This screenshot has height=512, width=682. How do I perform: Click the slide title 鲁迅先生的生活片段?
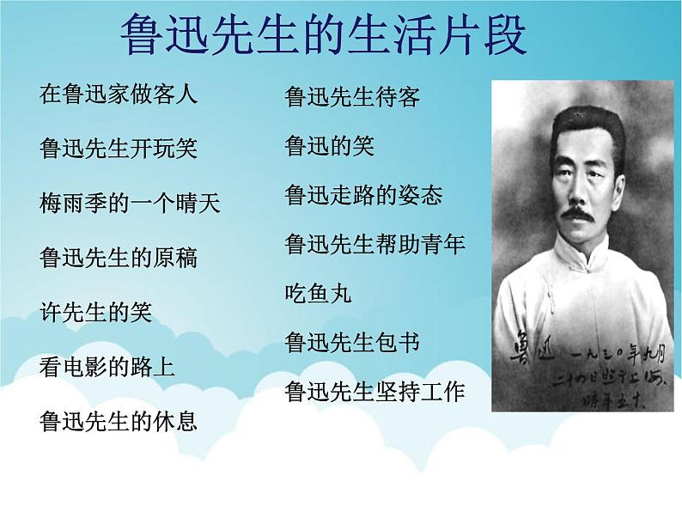coord(323,36)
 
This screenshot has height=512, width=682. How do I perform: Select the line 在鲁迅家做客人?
coord(119,94)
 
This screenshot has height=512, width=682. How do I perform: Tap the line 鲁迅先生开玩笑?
coord(119,149)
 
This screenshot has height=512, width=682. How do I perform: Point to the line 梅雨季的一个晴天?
coord(130,204)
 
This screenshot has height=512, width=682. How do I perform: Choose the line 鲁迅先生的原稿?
coord(119,257)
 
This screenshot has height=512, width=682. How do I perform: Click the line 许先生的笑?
coord(95,313)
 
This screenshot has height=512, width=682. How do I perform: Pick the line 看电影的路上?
coord(107,368)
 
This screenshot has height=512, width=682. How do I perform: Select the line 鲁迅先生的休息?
coord(119,422)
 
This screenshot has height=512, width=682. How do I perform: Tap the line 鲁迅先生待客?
coord(352,98)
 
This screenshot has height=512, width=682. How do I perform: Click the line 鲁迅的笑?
coord(330,147)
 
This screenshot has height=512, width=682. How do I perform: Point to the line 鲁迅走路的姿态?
coord(363,196)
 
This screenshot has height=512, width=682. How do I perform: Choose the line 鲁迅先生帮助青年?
coord(374,245)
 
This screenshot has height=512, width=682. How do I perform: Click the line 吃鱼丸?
coord(319,294)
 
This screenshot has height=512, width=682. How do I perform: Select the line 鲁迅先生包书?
coord(352,343)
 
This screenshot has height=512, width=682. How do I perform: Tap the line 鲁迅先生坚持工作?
coord(374,392)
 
